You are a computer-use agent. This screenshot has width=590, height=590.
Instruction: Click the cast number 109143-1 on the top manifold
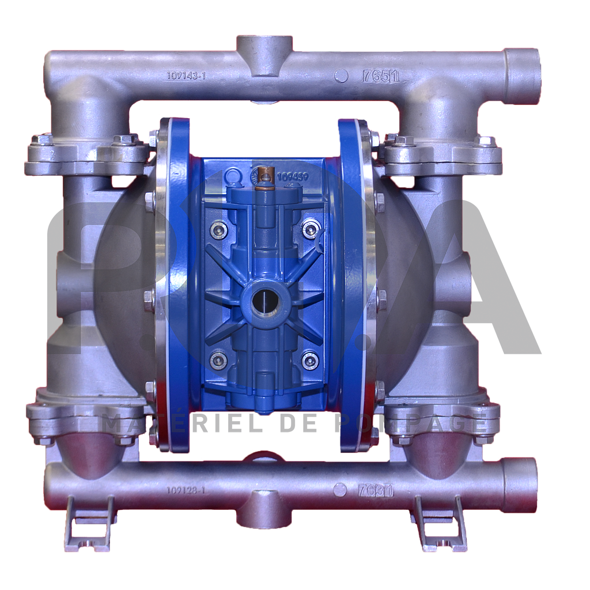[186, 75]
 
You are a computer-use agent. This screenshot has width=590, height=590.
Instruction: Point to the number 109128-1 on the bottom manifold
[186, 490]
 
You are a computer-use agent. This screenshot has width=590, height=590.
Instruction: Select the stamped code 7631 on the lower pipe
[375, 490]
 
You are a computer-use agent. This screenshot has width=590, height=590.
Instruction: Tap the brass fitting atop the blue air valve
[264, 174]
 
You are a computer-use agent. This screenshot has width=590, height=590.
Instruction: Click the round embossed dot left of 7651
[342, 76]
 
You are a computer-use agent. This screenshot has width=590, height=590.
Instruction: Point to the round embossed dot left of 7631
[340, 490]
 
